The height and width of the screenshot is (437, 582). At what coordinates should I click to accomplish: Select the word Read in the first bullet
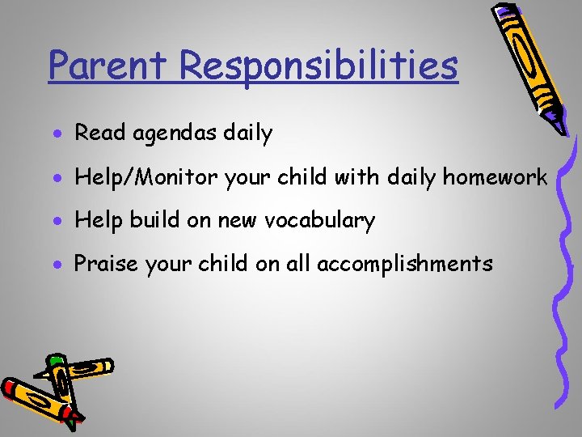(97, 133)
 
